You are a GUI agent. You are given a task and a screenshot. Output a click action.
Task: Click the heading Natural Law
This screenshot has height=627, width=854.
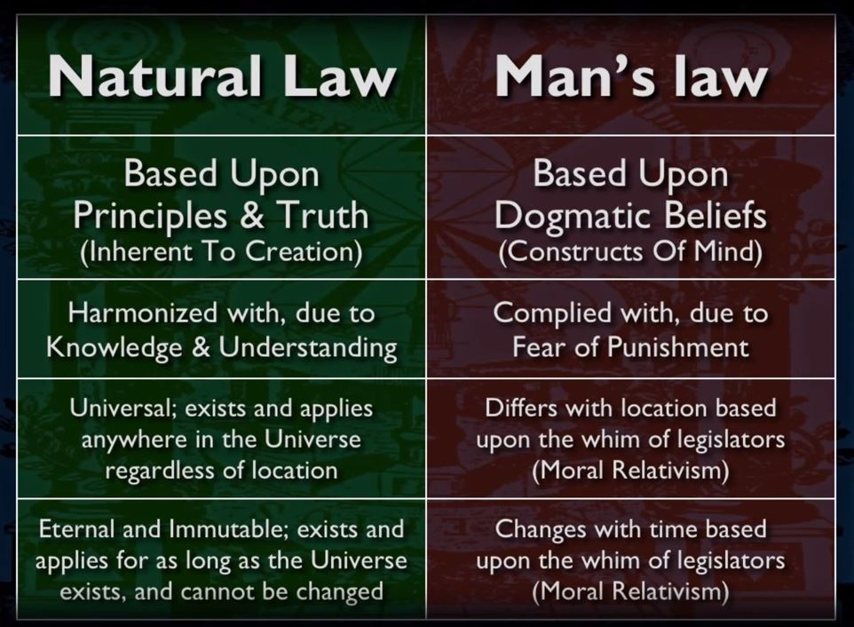point(222,75)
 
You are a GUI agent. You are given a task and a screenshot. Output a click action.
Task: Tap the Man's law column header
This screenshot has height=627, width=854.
point(631,76)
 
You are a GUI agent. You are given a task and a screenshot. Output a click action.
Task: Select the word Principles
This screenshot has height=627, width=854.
point(150,217)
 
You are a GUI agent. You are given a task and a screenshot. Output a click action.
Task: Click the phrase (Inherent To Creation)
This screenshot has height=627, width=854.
point(221,251)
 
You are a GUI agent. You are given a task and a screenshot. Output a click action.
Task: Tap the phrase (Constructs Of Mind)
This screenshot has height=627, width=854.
point(630,251)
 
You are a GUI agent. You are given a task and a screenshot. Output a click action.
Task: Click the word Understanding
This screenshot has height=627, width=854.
point(308,348)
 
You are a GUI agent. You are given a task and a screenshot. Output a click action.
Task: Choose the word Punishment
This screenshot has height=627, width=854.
point(678,347)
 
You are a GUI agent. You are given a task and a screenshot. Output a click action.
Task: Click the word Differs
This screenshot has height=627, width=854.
point(521,408)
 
